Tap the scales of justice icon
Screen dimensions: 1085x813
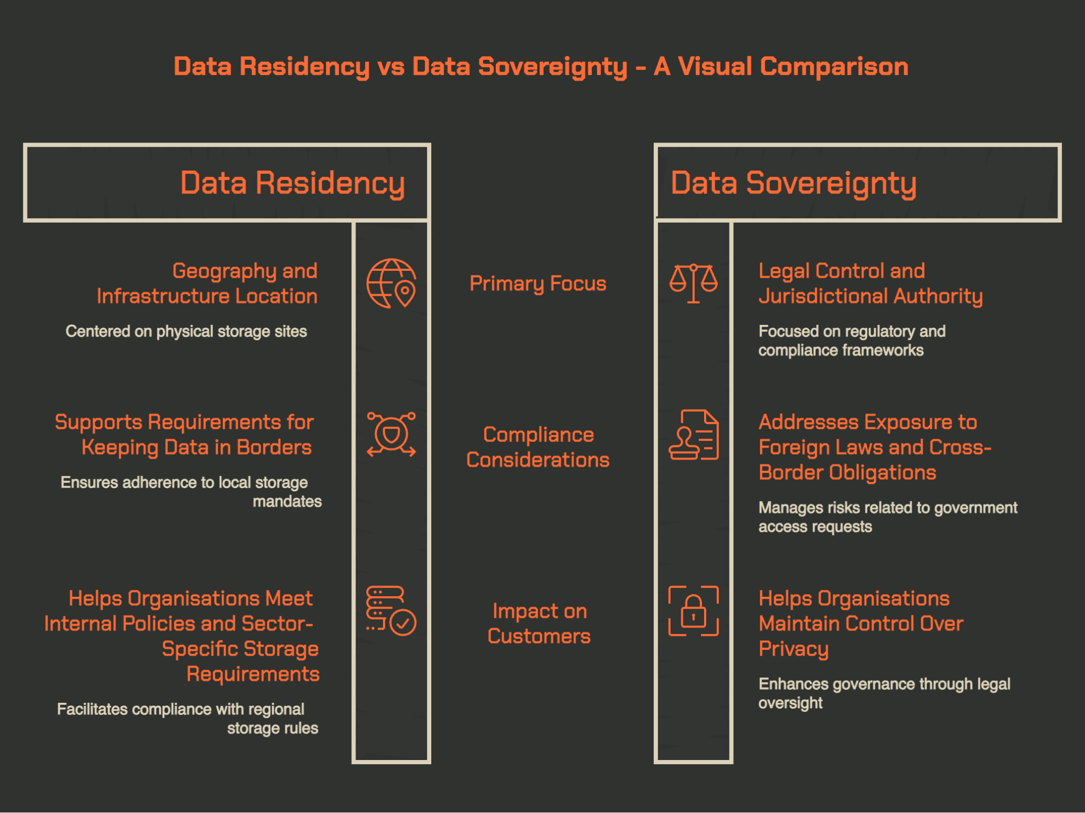(x=693, y=284)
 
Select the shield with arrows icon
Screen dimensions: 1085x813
(x=392, y=434)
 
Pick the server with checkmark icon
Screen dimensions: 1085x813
(x=391, y=611)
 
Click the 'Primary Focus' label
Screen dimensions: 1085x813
(x=538, y=284)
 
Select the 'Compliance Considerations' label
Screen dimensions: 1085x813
(x=538, y=447)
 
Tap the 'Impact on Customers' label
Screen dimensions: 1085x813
(x=539, y=623)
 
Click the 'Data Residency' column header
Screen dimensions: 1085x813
(x=292, y=183)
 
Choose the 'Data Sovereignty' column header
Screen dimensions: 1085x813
(x=794, y=183)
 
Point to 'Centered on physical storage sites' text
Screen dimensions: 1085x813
(x=186, y=331)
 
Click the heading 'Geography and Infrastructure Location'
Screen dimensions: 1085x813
(x=207, y=283)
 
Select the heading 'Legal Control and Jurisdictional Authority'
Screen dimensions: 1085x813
(x=870, y=283)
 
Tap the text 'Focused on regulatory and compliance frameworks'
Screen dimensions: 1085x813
(x=852, y=341)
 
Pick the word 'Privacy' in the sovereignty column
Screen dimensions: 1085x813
(x=793, y=649)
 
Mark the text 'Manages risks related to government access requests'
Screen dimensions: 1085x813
(x=888, y=517)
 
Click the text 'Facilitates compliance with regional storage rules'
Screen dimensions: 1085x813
(x=188, y=719)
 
